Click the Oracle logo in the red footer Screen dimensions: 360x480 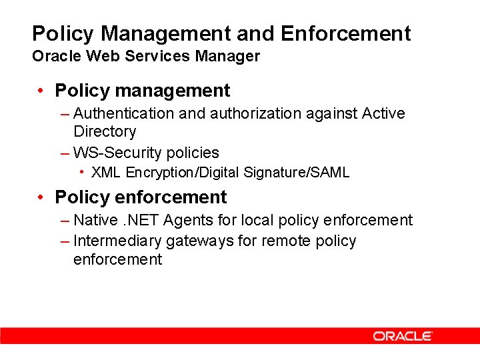tap(403, 336)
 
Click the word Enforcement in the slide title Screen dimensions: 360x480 tap(346, 33)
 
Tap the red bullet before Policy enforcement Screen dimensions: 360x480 tap(41, 197)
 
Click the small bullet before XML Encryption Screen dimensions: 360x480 tap(81, 172)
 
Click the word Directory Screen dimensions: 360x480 tap(105, 131)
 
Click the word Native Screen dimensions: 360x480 tap(94, 220)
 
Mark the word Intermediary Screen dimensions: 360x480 tap(117, 241)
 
